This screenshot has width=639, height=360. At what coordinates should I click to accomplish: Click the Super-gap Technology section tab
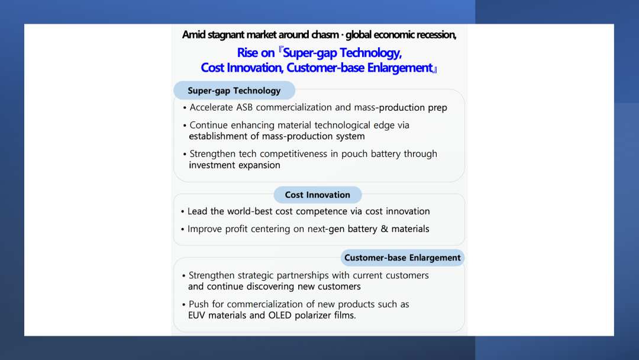[234, 91]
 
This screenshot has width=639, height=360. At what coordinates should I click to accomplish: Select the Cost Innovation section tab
[318, 195]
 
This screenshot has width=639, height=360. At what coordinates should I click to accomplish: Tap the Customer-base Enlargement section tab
[402, 258]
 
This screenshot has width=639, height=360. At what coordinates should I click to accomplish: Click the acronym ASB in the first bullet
[244, 108]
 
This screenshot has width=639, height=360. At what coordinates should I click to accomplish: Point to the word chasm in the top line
[325, 35]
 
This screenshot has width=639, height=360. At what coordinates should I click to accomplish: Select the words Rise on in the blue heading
[256, 53]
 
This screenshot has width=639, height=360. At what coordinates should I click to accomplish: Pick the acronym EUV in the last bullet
[196, 316]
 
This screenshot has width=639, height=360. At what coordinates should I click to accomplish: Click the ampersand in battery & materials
[385, 229]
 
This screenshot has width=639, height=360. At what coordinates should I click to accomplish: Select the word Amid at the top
[193, 35]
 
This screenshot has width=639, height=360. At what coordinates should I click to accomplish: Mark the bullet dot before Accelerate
[185, 108]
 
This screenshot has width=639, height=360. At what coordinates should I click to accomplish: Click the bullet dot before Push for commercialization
[184, 305]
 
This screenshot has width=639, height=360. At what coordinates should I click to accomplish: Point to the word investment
[211, 165]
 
